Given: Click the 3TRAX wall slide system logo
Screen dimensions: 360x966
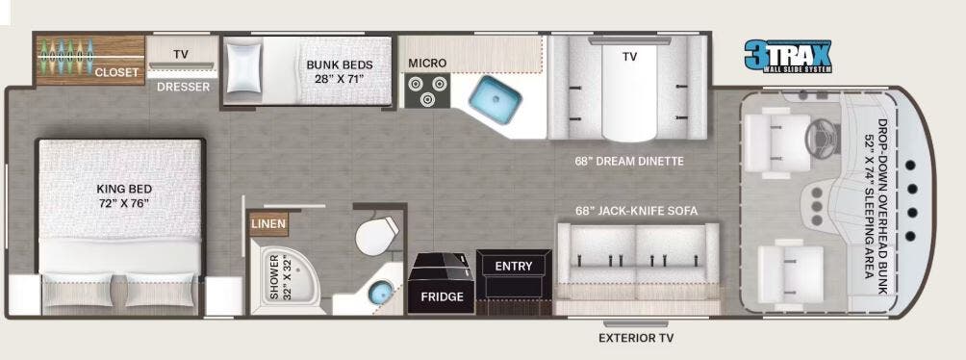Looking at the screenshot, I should pos(788,55).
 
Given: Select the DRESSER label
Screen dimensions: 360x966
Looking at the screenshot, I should pos(183,87).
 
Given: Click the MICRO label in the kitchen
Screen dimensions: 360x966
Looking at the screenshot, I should pos(427,64).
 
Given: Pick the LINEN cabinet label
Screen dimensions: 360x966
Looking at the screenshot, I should pos(267,224).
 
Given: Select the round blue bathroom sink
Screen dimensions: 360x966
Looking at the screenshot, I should pos(380,293).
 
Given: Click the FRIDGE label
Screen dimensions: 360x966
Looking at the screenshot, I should pos(442,296).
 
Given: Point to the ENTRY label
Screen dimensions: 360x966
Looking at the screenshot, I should pos(513,266).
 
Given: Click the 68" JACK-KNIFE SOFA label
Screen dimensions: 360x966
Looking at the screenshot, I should pos(637,210).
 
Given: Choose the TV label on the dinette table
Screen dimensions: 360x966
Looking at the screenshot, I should pos(629,57).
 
